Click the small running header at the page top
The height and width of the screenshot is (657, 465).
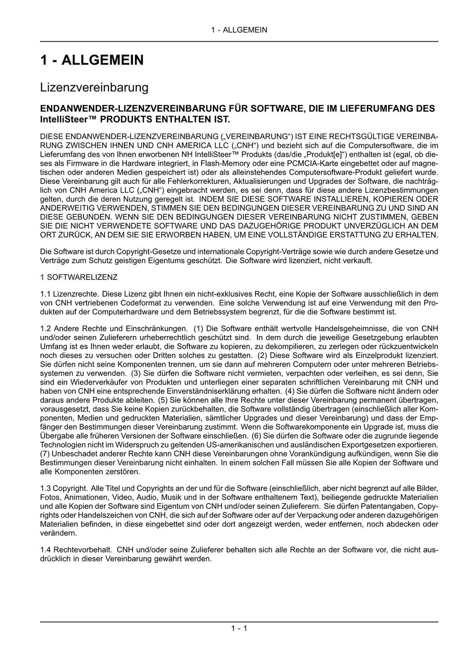click(239, 30)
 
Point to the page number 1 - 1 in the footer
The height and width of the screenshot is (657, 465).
click(239, 628)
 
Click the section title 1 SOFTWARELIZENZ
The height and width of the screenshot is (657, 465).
click(79, 277)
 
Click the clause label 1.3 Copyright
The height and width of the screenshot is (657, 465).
click(64, 488)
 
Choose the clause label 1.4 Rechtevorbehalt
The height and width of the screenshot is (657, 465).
click(76, 550)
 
